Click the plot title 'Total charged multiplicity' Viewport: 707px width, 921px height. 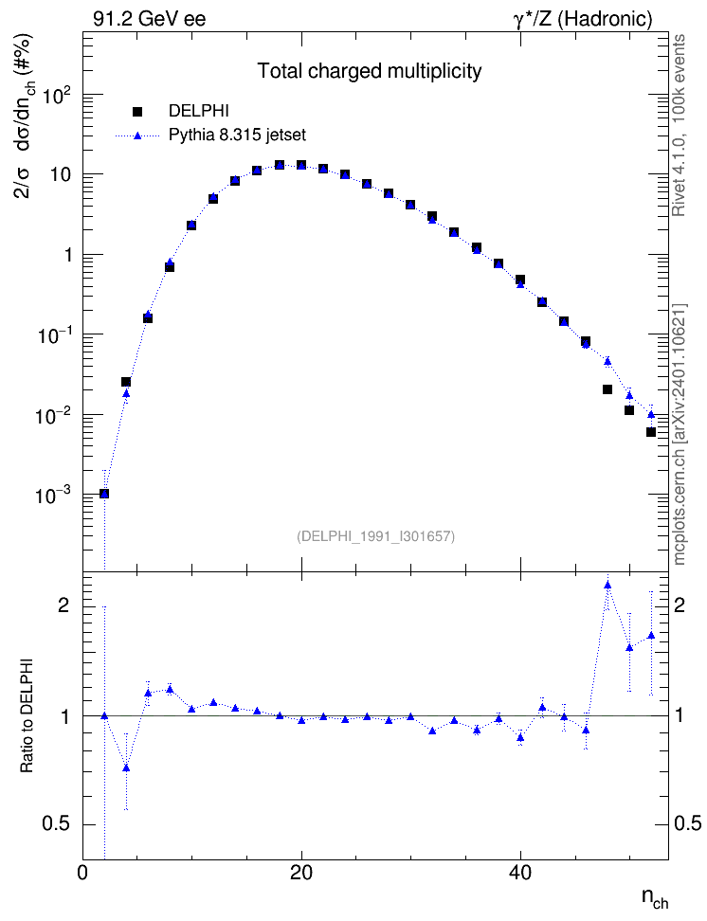click(370, 71)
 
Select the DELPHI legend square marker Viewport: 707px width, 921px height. click(137, 111)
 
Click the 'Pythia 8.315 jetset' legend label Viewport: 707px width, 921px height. click(238, 135)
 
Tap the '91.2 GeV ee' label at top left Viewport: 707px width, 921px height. click(150, 19)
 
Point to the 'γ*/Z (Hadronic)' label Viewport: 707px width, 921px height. click(583, 19)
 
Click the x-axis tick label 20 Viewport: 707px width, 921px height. click(301, 873)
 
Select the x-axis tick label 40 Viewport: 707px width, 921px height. click(520, 873)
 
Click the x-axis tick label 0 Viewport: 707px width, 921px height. click(82, 873)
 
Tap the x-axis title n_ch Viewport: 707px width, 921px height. click(655, 898)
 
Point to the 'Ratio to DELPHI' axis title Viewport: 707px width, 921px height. click(27, 714)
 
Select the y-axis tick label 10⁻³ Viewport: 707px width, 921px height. click(54, 494)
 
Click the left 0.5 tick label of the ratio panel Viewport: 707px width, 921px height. click(57, 824)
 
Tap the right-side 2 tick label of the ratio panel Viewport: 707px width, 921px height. click(680, 605)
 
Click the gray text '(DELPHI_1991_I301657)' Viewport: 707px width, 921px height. click(376, 536)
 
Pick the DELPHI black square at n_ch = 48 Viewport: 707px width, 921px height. click(607, 389)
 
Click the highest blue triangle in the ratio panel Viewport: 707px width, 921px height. click(607, 585)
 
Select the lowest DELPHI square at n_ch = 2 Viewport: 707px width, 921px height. click(104, 494)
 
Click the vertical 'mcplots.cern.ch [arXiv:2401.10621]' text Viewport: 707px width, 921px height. click(680, 434)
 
